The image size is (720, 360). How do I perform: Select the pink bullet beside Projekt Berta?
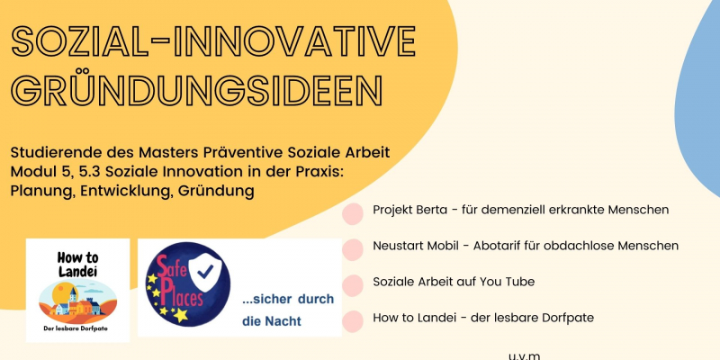point(353,214)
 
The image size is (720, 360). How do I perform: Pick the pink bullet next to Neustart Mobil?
point(353,250)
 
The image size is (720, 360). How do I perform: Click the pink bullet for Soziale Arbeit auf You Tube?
point(353,285)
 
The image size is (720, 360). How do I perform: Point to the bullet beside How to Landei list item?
point(353,321)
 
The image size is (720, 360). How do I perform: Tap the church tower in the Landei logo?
point(73,297)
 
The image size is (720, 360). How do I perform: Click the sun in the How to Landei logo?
point(60,293)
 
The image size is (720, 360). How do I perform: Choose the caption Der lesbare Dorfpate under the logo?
point(77,328)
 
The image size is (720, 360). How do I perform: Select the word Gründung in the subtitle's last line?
point(216,191)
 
